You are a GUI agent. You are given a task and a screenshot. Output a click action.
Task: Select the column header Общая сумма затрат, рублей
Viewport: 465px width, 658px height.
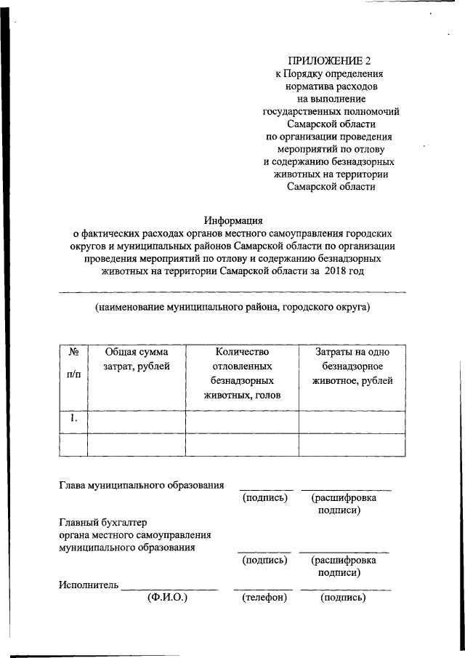(136, 358)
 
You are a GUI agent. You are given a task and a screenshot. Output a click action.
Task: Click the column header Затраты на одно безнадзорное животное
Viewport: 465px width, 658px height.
(353, 366)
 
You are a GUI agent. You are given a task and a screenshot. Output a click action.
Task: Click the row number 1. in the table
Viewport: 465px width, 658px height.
(73, 418)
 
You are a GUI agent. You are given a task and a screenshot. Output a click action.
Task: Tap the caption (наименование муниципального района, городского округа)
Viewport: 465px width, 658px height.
(232, 307)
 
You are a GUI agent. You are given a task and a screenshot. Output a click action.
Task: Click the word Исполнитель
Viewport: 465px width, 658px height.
(88, 585)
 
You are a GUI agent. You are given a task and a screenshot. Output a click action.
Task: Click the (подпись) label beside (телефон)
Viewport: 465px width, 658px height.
(342, 598)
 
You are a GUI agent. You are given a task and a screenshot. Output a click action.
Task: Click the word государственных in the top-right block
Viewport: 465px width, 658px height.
(299, 111)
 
